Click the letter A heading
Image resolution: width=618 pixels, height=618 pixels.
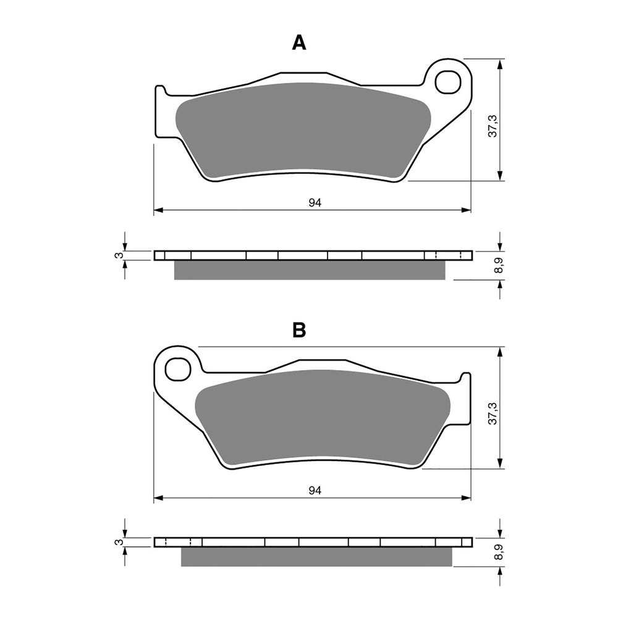[299, 43]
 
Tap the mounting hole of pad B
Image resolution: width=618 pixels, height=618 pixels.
[177, 369]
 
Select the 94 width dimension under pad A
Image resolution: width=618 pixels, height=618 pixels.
[315, 203]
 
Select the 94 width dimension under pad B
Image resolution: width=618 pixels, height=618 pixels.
[315, 490]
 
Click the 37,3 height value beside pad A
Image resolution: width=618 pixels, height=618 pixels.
[493, 125]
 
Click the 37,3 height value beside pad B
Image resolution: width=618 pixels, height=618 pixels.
[493, 413]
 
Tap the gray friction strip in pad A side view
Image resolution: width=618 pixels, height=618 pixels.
[309, 270]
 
